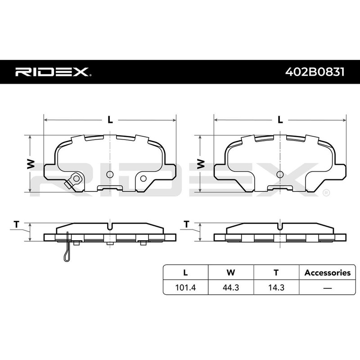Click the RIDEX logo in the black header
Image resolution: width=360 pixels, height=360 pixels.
[x=54, y=72]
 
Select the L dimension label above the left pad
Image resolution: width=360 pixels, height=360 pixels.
[x=110, y=120]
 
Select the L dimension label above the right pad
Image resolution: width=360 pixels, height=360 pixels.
[x=280, y=120]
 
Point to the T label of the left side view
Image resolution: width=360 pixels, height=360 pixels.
[x=17, y=224]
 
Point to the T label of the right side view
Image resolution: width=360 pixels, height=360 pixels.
[x=186, y=224]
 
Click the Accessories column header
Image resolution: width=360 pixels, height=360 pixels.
[x=327, y=272]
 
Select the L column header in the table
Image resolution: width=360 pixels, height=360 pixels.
[x=185, y=272]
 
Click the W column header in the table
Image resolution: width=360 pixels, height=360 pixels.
[x=231, y=272]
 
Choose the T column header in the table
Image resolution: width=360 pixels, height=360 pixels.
[x=276, y=272]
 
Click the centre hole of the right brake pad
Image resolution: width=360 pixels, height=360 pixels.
[x=280, y=174]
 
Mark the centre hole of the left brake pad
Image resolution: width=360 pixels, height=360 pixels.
[x=109, y=174]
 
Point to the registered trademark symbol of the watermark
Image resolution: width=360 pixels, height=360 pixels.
[x=326, y=193]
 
